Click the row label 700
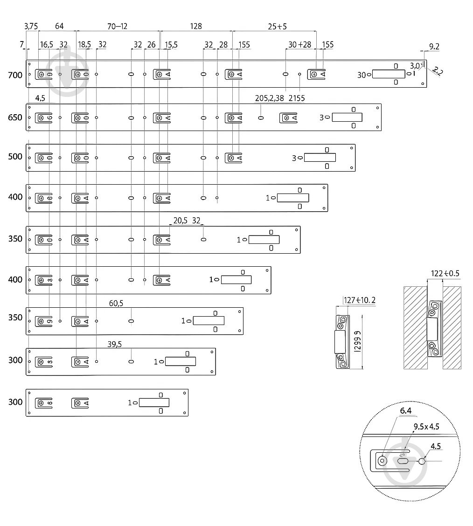15,75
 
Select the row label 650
15,118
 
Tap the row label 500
15,157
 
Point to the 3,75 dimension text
30,27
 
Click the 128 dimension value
196,27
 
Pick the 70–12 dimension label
117,27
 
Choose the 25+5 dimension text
277,27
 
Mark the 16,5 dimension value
47,45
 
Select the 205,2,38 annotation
269,98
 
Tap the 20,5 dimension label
180,221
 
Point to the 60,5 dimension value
116,304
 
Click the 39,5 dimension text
115,344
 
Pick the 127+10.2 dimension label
359,300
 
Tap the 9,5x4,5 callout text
426,426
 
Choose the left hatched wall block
415,327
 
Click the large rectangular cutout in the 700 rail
389,74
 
